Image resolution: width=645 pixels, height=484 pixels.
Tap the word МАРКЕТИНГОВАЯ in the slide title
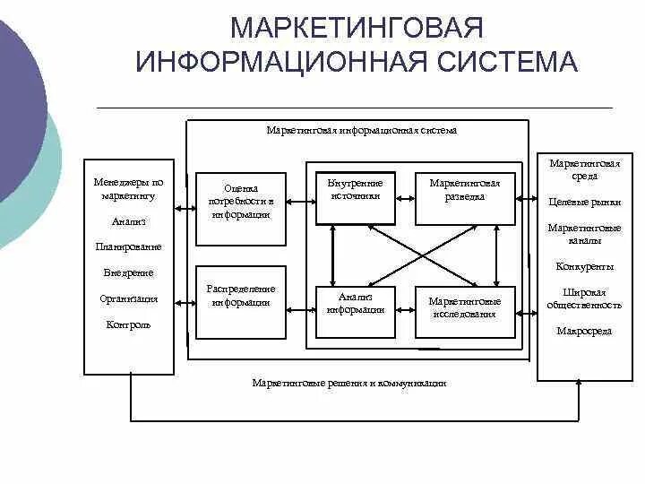(357, 27)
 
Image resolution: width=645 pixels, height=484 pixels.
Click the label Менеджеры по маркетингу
(129, 188)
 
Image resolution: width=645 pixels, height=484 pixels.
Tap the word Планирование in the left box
(128, 246)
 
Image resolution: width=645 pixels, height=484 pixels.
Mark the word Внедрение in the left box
(128, 272)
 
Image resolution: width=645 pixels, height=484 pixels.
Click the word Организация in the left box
(129, 299)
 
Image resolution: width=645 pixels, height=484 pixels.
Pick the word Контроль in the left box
(128, 324)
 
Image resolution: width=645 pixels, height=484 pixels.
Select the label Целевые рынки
(584, 202)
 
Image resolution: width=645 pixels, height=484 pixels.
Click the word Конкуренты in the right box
(584, 266)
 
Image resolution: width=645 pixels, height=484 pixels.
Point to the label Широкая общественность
(584, 298)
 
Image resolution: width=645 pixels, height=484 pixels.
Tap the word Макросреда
(584, 331)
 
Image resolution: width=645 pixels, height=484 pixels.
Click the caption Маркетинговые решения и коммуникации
(348, 383)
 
